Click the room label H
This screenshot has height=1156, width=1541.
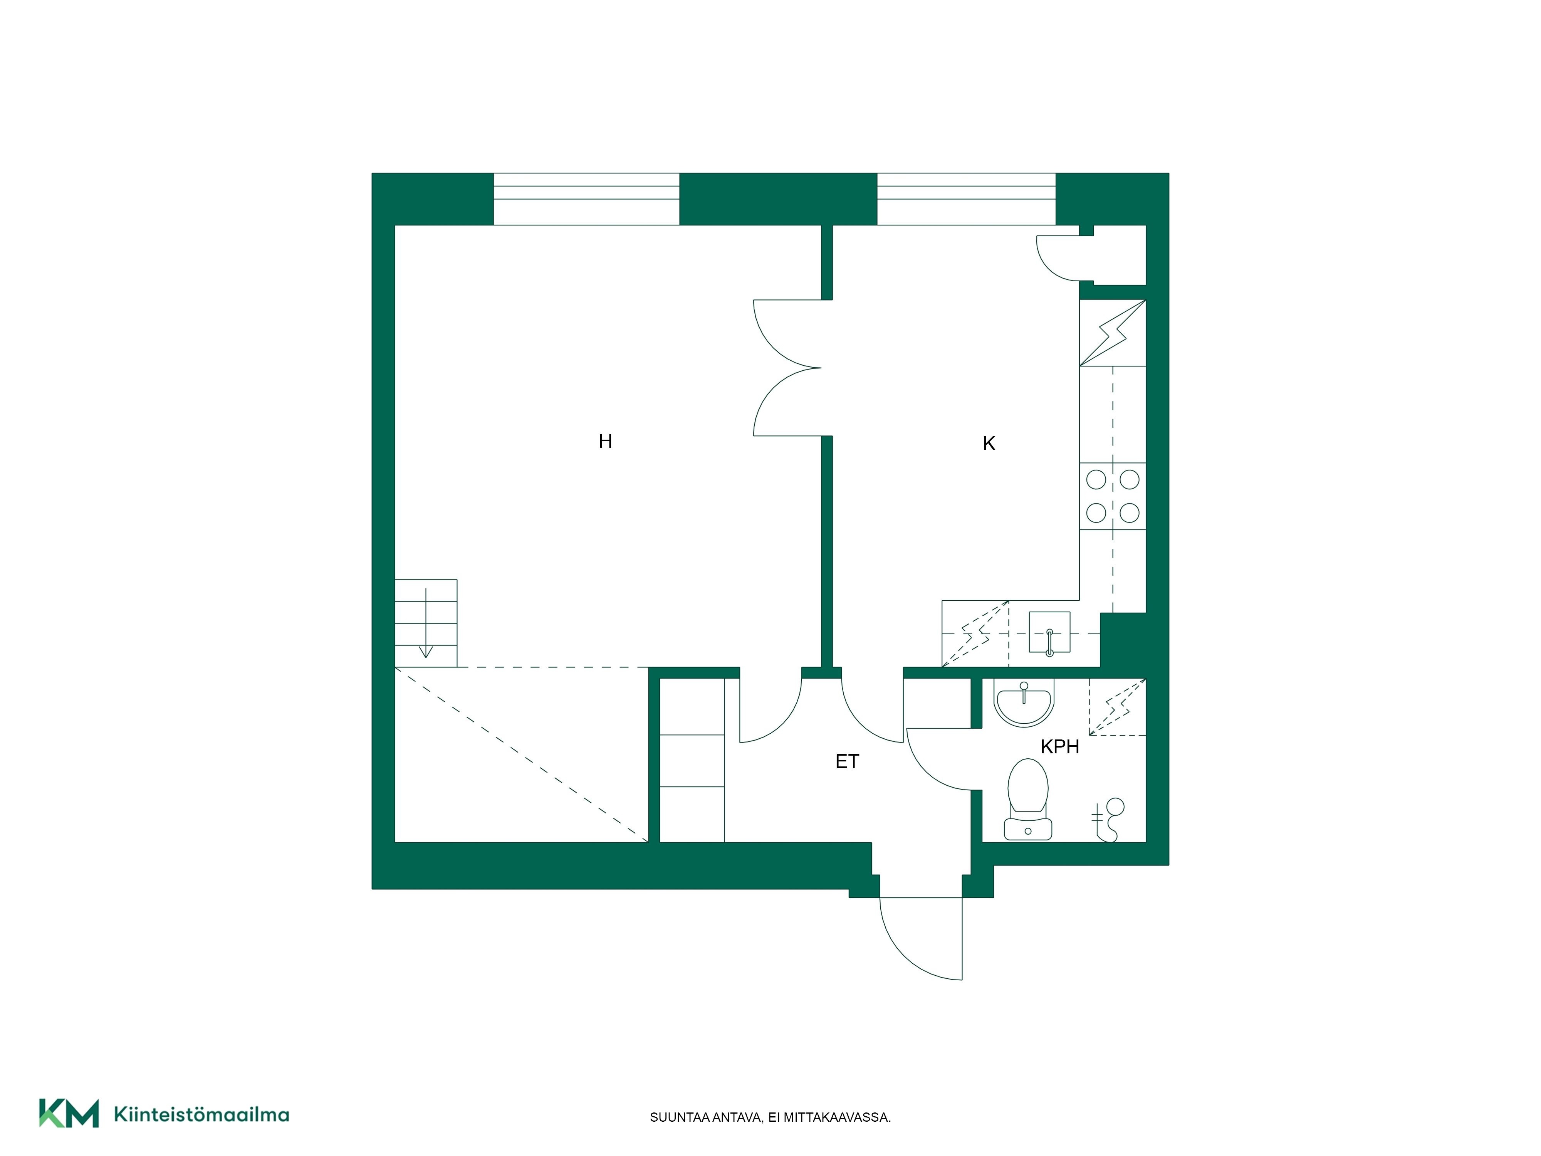(x=605, y=441)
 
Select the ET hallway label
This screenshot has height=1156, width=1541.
(x=847, y=761)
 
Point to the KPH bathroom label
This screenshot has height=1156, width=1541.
(x=1059, y=747)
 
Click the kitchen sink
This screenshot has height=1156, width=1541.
(x=1049, y=633)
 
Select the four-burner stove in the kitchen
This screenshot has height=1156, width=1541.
(x=1113, y=496)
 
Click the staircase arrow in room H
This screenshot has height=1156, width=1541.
(x=426, y=623)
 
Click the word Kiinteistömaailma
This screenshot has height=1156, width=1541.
(x=201, y=1114)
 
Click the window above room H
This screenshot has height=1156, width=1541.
(x=587, y=199)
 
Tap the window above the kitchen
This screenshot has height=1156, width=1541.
(x=966, y=199)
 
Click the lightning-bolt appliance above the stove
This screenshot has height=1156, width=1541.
(x=1113, y=333)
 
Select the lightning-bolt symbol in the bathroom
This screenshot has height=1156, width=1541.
(x=1118, y=707)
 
